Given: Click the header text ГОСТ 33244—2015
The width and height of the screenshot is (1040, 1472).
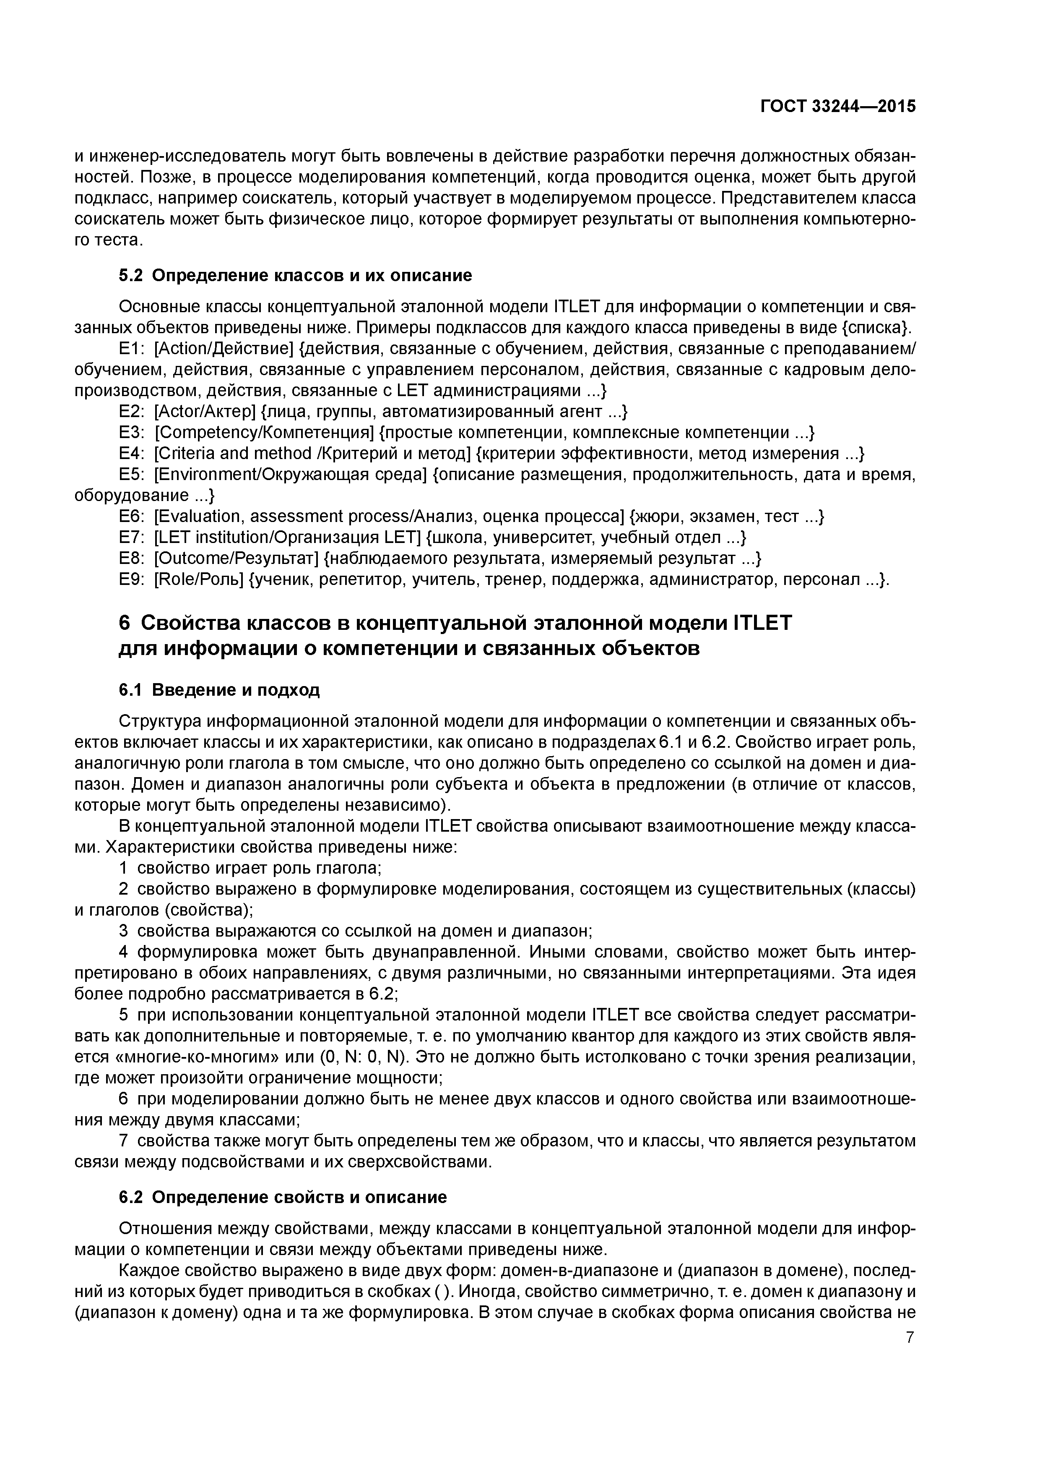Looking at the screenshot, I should click(x=837, y=107).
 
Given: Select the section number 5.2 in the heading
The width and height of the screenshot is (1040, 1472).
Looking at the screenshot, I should click(x=132, y=276).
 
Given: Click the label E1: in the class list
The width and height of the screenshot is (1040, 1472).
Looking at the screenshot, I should click(x=130, y=349).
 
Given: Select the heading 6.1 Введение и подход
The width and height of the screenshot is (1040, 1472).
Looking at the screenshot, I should click(x=219, y=690).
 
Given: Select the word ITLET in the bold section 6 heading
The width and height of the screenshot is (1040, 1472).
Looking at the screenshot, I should click(x=761, y=623).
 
